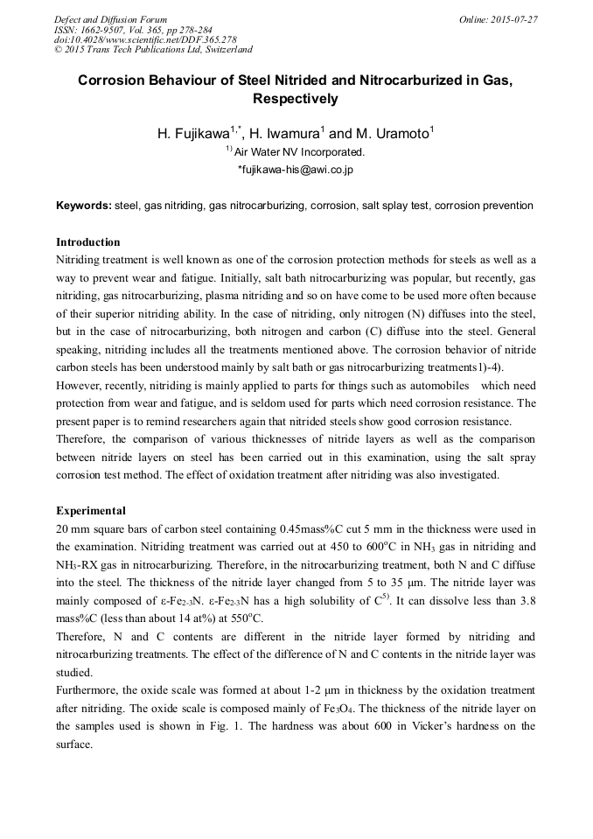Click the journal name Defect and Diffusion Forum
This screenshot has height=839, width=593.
coord(110,19)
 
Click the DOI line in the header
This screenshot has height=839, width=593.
coord(145,40)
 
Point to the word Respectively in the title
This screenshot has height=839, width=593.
coord(296,99)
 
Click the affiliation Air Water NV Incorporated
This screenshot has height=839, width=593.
coord(299,152)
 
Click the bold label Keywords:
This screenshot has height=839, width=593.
coord(84,206)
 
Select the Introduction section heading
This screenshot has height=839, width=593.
coord(87,241)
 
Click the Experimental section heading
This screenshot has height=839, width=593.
coord(90,510)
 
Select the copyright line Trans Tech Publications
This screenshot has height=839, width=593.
coord(152,51)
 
